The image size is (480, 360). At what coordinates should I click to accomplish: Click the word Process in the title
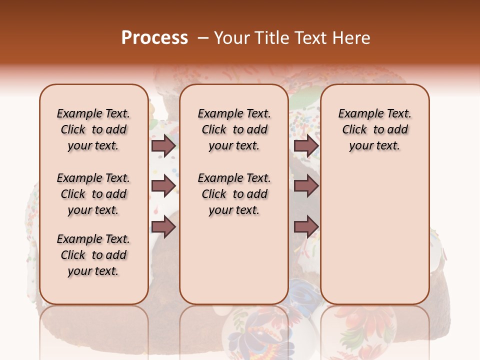[154, 37]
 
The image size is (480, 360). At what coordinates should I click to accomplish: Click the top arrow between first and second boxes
[163, 145]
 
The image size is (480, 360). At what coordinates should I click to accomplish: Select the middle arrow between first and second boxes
[163, 186]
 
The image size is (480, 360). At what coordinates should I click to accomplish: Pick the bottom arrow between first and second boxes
[163, 227]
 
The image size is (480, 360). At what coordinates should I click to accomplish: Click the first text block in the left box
[93, 129]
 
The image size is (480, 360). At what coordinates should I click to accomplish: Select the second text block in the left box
[93, 194]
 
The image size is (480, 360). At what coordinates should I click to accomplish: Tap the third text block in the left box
[93, 255]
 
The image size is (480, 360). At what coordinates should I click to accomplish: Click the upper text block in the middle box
[234, 129]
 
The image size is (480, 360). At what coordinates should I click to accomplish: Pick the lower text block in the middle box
[234, 194]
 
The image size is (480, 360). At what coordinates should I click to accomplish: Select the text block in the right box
[374, 129]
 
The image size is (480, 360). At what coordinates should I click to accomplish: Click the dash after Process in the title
[203, 37]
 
